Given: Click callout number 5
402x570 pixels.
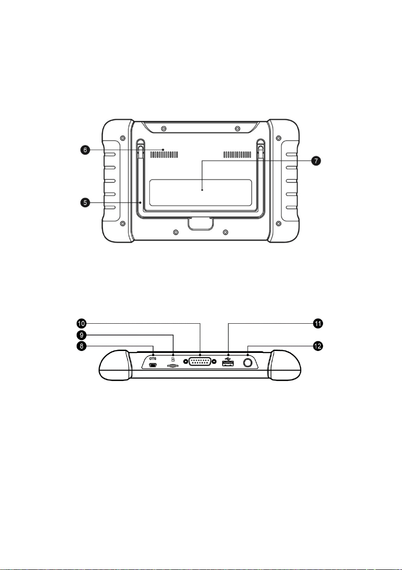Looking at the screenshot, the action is pos(85,202).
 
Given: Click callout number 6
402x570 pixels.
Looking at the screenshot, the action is pos(85,149).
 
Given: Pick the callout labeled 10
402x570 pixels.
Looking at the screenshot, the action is pos(81,323).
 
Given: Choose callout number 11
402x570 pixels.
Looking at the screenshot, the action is pos(318,323).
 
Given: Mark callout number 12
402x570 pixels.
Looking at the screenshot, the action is pos(318,346).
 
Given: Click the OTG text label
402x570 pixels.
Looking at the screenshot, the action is pos(153,359).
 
